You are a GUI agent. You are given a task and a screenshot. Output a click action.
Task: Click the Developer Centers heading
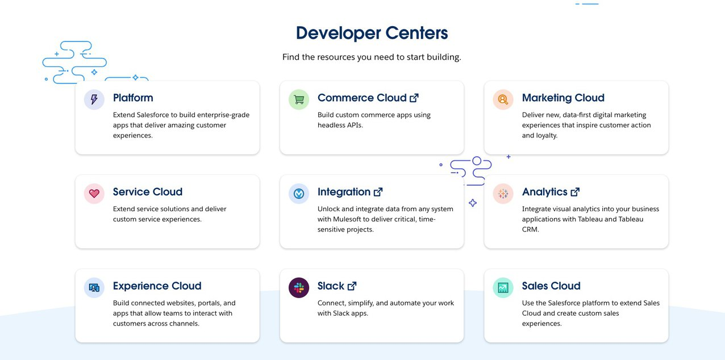tap(372, 33)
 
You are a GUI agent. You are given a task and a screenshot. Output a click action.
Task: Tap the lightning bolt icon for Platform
tap(94, 99)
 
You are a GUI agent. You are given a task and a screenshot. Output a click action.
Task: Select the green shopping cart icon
tap(299, 99)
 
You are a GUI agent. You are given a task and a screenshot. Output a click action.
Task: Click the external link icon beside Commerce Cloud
tap(414, 98)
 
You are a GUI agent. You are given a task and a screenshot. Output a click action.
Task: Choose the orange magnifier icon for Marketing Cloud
tap(503, 99)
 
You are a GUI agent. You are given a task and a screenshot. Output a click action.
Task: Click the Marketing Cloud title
tap(563, 98)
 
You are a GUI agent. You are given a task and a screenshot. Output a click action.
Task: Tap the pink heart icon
tap(94, 194)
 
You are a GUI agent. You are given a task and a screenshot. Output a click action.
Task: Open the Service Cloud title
tap(148, 192)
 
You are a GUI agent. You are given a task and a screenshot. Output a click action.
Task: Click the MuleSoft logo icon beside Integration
tap(299, 194)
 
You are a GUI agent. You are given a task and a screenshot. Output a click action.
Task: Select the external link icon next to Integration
tap(378, 192)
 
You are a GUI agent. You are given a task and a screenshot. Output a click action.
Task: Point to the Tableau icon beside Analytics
tap(503, 194)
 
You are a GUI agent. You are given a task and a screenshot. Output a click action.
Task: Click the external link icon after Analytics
tap(575, 192)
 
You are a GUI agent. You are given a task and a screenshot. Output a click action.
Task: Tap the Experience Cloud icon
tap(94, 287)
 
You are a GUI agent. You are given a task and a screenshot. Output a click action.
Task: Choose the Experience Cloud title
tap(157, 286)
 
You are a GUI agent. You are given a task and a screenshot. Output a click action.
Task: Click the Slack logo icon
tap(299, 287)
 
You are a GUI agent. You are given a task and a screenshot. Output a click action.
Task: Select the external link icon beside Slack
tap(352, 286)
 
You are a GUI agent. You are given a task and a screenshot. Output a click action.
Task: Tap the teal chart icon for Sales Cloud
tap(503, 287)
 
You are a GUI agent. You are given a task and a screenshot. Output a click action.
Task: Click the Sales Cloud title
tap(551, 286)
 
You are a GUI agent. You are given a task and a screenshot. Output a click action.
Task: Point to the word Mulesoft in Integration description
tap(347, 219)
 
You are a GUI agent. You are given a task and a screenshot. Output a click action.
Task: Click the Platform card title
tap(133, 98)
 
